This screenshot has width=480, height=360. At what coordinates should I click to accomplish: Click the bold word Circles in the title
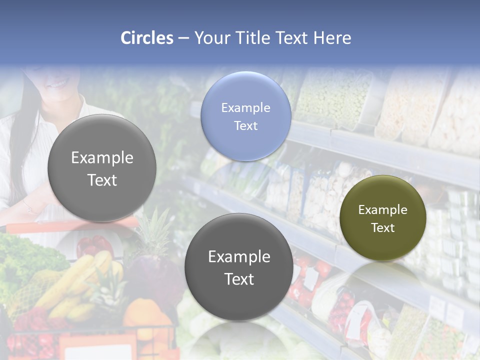(x=146, y=38)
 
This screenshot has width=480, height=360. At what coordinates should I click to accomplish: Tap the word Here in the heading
(x=332, y=38)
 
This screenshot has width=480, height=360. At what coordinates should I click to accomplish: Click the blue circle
(x=245, y=116)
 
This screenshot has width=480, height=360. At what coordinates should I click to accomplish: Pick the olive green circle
(x=382, y=217)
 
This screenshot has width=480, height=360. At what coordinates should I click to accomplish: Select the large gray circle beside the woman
(x=102, y=168)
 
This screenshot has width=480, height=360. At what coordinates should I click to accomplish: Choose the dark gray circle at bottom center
(x=239, y=267)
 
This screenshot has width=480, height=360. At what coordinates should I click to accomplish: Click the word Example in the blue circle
(x=245, y=107)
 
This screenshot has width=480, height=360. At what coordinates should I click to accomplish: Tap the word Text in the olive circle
(x=382, y=228)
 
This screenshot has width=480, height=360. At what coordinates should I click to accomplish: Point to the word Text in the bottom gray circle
(x=239, y=279)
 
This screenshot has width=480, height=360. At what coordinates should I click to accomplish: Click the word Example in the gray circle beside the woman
(x=102, y=157)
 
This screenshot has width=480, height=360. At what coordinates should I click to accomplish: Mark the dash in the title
(x=183, y=38)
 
